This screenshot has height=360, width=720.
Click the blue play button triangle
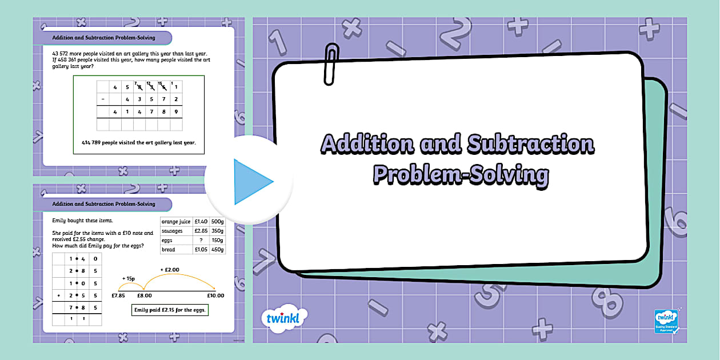pyautogui.click(x=252, y=182)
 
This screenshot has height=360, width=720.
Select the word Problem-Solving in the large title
pyautogui.click(x=461, y=174)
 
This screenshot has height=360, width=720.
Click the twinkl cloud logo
pyautogui.click(x=283, y=318)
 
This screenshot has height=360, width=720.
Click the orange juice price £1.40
pyautogui.click(x=201, y=221)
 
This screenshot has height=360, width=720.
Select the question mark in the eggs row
pyautogui.click(x=201, y=241)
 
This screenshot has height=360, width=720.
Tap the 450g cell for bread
pyautogui.click(x=218, y=250)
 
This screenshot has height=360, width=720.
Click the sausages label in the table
pyautogui.click(x=172, y=231)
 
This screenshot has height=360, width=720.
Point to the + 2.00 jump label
pyautogui.click(x=170, y=269)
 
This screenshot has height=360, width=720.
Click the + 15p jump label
pyautogui.click(x=128, y=279)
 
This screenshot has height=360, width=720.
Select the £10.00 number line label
pyautogui.click(x=215, y=296)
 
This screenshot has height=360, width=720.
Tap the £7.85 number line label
pyautogui.click(x=118, y=296)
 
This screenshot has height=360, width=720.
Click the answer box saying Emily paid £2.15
pyautogui.click(x=169, y=310)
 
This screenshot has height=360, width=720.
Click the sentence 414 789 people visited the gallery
pyautogui.click(x=139, y=143)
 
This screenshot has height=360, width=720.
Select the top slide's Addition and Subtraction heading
pyautogui.click(x=103, y=38)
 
